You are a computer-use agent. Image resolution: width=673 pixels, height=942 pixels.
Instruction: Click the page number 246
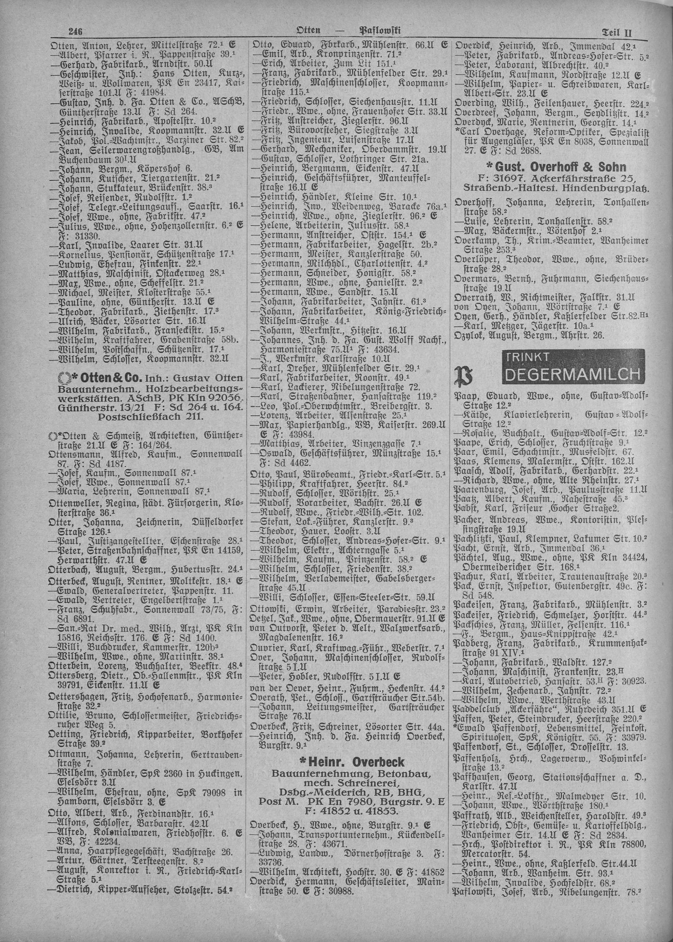[76, 31]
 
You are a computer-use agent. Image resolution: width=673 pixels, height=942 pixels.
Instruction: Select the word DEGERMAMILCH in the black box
[572, 374]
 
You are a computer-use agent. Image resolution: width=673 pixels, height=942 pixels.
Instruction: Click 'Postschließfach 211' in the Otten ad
[151, 416]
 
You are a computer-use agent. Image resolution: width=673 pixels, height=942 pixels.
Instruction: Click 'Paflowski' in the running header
[379, 31]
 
